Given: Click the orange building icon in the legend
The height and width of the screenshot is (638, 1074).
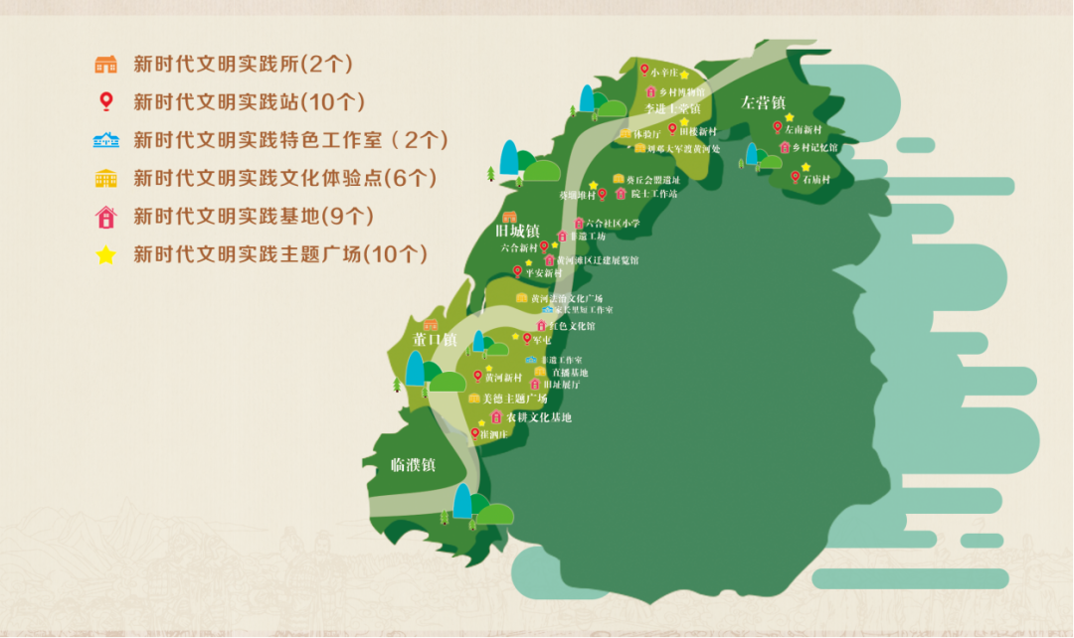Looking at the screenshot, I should (105, 65).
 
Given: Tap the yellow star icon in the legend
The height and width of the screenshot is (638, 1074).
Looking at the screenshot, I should (105, 255).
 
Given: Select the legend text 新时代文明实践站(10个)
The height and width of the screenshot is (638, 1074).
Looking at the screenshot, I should (250, 102).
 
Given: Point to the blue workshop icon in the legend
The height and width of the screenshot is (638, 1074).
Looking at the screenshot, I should (105, 140).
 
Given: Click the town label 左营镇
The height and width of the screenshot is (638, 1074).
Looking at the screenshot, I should (764, 102).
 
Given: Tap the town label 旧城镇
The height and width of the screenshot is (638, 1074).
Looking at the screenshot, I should (517, 232).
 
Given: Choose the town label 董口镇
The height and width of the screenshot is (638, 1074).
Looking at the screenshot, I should (435, 340).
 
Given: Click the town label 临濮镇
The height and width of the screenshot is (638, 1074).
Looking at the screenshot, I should (413, 464).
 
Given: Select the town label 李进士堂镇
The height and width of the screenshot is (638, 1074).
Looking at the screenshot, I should (673, 108).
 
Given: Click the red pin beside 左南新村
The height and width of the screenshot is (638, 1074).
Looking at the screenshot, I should (778, 126).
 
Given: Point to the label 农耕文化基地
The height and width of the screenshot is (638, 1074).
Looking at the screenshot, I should (539, 417).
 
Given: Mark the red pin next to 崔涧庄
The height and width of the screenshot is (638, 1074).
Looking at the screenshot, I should (474, 432).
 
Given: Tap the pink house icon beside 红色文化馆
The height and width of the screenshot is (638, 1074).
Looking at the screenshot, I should (541, 325).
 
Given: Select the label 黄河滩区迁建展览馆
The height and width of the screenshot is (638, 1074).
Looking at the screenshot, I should (598, 260).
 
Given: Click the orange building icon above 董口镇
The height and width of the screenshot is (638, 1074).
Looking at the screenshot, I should (431, 325).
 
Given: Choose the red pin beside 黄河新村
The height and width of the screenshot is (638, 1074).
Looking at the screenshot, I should (477, 376).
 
